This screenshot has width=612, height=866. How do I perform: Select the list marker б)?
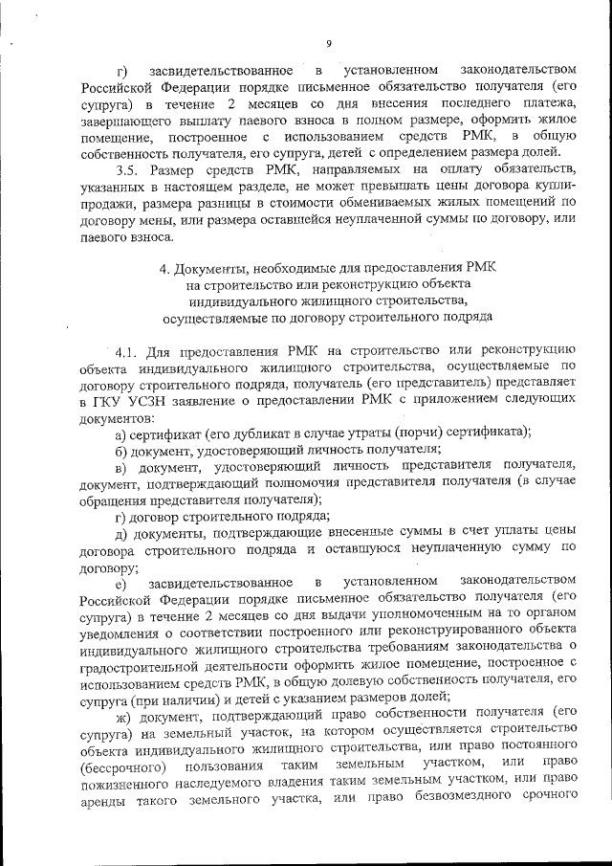(x=121, y=449)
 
